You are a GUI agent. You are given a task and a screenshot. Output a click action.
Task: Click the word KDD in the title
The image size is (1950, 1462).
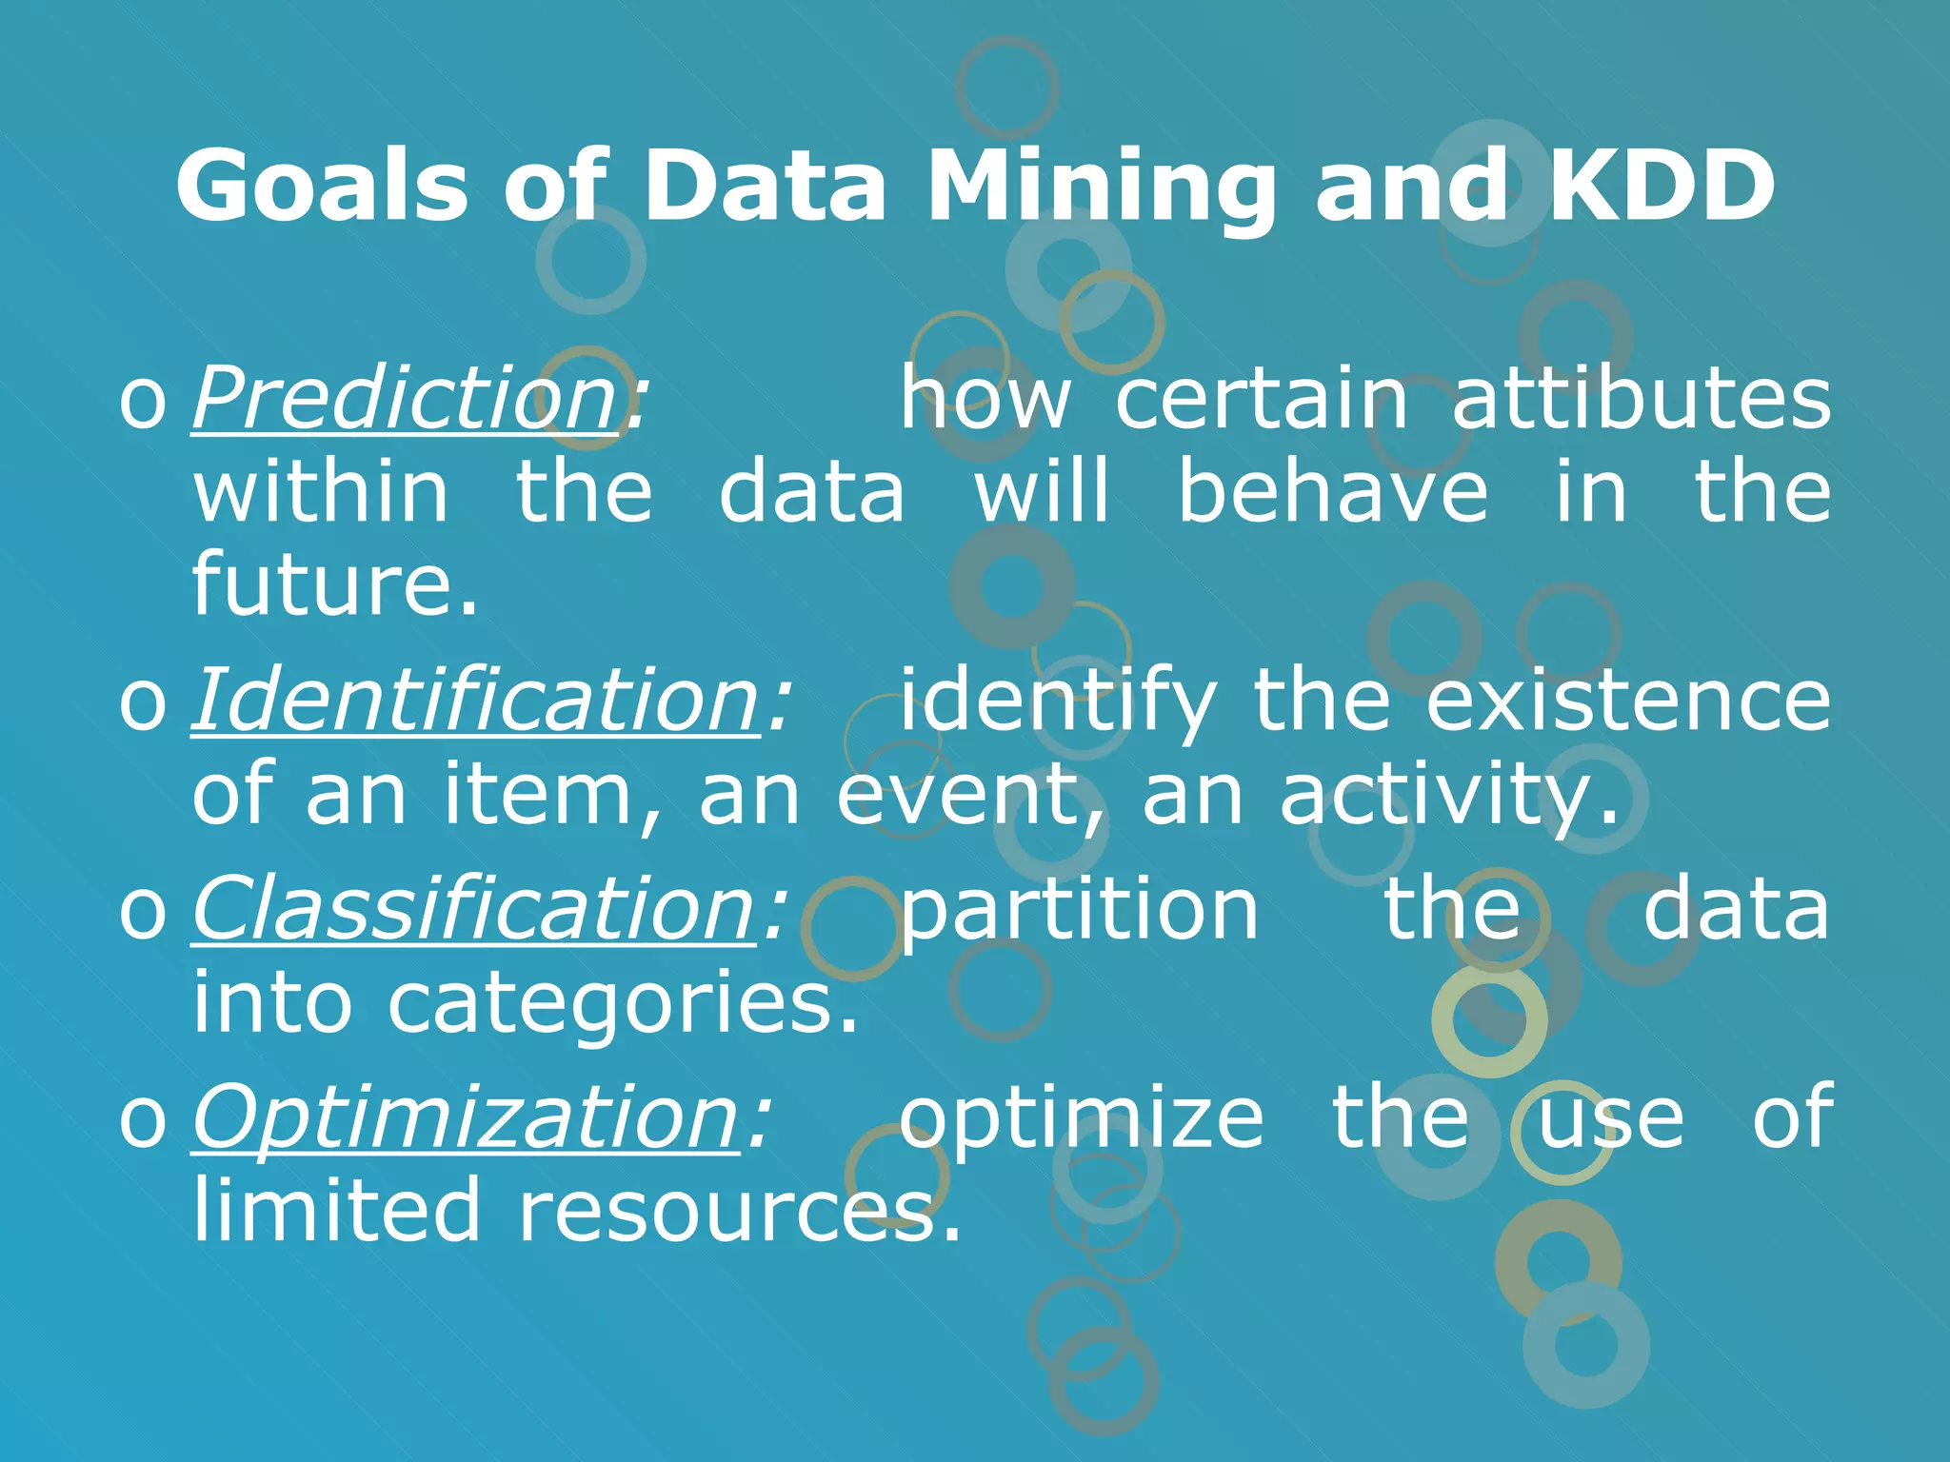click(1661, 186)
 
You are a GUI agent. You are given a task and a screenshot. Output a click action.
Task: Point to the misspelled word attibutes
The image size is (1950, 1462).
click(1641, 398)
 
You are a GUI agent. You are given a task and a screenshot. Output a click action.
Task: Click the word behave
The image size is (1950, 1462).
click(1332, 492)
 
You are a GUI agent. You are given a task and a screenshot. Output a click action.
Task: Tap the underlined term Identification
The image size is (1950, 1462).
click(476, 701)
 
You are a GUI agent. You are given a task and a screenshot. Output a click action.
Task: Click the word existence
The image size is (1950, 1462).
click(1627, 701)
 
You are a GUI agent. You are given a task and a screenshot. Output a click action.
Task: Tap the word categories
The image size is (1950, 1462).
click(621, 1003)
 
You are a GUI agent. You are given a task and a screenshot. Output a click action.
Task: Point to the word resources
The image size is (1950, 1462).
click(738, 1212)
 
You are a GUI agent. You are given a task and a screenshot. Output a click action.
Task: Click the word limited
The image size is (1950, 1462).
click(336, 1210)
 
